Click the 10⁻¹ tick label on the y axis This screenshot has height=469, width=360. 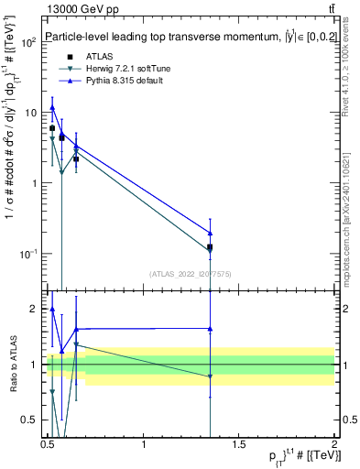(27, 254)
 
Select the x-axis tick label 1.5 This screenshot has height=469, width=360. (239, 444)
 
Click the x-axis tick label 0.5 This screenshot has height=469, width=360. (48, 444)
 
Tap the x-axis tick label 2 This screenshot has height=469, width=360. (334, 444)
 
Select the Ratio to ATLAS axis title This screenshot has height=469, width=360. (13, 364)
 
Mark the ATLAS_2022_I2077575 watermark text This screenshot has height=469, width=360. (191, 273)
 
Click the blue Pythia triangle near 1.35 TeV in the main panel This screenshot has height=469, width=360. (211, 234)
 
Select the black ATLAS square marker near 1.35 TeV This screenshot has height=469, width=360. (211, 247)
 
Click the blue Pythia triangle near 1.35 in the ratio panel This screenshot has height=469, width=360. (211, 329)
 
